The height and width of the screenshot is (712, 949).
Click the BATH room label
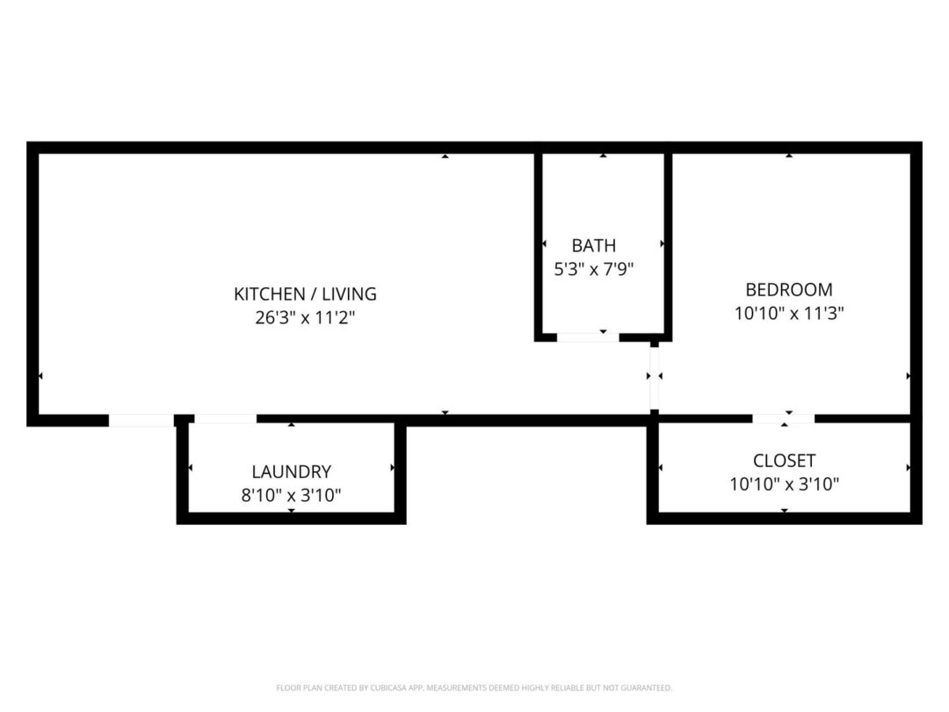pos(594,245)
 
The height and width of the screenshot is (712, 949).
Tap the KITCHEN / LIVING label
pos(305,294)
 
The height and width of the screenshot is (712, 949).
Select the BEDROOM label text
pos(788,289)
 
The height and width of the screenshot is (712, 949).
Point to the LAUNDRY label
pos(291,471)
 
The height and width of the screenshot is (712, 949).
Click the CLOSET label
pos(784,460)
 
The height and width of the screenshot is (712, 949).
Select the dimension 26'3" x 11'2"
pos(304,317)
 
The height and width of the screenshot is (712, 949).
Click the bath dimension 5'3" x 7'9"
pos(594,269)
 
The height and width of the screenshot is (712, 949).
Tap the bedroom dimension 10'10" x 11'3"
pos(788,313)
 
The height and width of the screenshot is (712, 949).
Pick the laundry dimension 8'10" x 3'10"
pos(291,495)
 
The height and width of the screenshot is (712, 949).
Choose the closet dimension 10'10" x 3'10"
pos(784,483)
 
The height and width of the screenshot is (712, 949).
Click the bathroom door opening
pos(588,337)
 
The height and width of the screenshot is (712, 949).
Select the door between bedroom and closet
pos(783,418)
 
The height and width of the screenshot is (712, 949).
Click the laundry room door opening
pos(225,418)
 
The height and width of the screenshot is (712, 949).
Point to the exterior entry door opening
pos(141,420)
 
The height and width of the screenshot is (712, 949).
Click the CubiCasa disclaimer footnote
pos(474,687)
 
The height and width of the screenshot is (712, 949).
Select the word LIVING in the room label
pos(349,294)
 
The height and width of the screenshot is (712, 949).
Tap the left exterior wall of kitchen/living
pos(33,284)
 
